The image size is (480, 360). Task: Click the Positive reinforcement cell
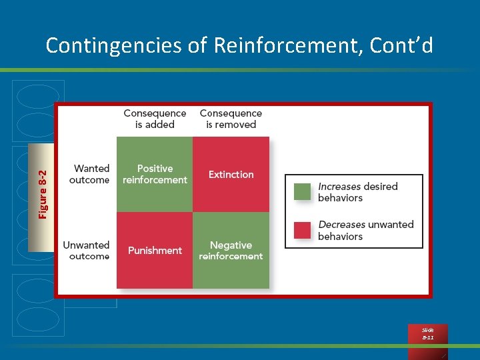[155, 175]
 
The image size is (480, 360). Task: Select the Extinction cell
[231, 175]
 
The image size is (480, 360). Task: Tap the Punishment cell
[155, 251]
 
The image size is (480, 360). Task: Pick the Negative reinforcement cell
[231, 251]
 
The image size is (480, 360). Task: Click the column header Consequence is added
[155, 119]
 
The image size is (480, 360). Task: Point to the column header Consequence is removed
[231, 119]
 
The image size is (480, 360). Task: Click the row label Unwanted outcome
[86, 251]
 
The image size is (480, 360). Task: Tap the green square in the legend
[303, 192]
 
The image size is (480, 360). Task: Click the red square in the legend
[303, 230]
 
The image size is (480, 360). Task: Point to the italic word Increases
[339, 187]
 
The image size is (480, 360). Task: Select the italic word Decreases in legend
[342, 225]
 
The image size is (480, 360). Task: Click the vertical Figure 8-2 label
[43, 194]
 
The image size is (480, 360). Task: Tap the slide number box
[427, 334]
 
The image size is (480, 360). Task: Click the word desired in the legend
[381, 187]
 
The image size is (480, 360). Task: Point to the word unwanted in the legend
[391, 225]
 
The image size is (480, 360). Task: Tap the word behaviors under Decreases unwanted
[340, 237]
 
